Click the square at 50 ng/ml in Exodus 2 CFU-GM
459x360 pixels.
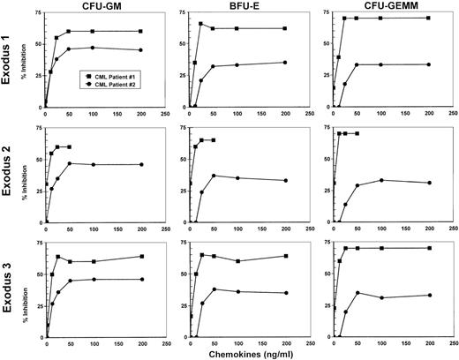point(69,147)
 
